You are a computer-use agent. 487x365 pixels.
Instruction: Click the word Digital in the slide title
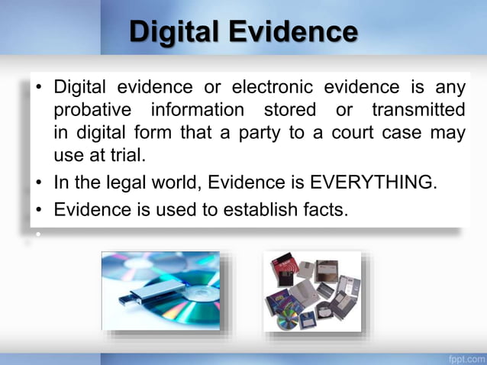[175, 32]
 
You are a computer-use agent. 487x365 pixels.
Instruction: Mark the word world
[173, 184]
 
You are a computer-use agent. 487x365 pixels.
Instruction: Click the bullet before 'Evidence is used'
[38, 208]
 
